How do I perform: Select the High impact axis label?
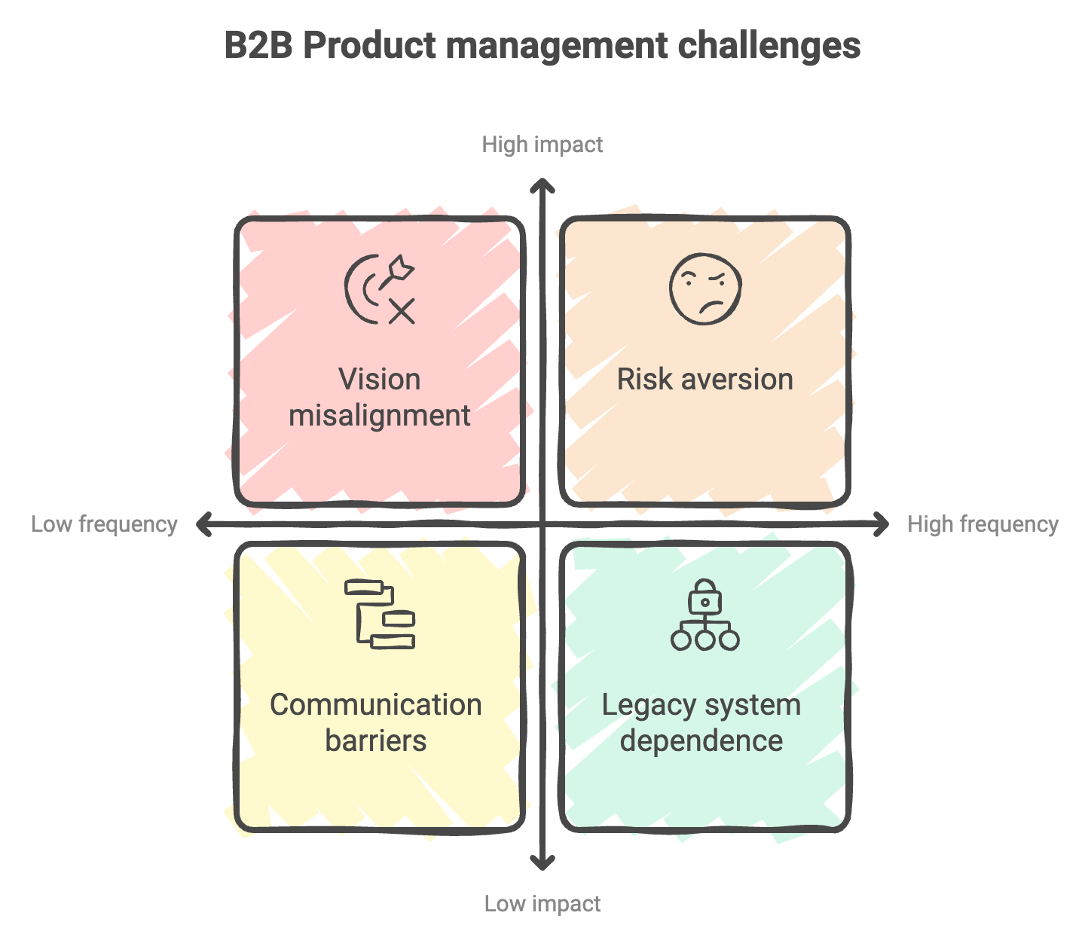click(x=542, y=145)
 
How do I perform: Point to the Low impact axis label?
click(x=542, y=904)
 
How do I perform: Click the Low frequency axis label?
click(x=104, y=524)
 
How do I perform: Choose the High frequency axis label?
click(x=983, y=524)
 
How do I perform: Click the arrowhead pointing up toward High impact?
click(x=542, y=185)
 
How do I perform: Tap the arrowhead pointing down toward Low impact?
click(x=542, y=863)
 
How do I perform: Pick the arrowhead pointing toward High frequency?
click(x=882, y=524)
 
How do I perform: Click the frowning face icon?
click(x=705, y=288)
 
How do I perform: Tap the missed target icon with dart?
click(x=380, y=289)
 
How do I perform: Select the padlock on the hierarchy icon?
click(x=705, y=598)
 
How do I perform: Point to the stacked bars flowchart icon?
click(x=380, y=614)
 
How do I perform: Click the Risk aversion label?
click(x=705, y=380)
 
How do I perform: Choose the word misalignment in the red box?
click(x=380, y=416)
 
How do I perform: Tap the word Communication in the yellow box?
click(x=376, y=705)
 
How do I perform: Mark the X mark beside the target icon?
click(x=402, y=310)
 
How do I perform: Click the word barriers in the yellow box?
click(x=376, y=741)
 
